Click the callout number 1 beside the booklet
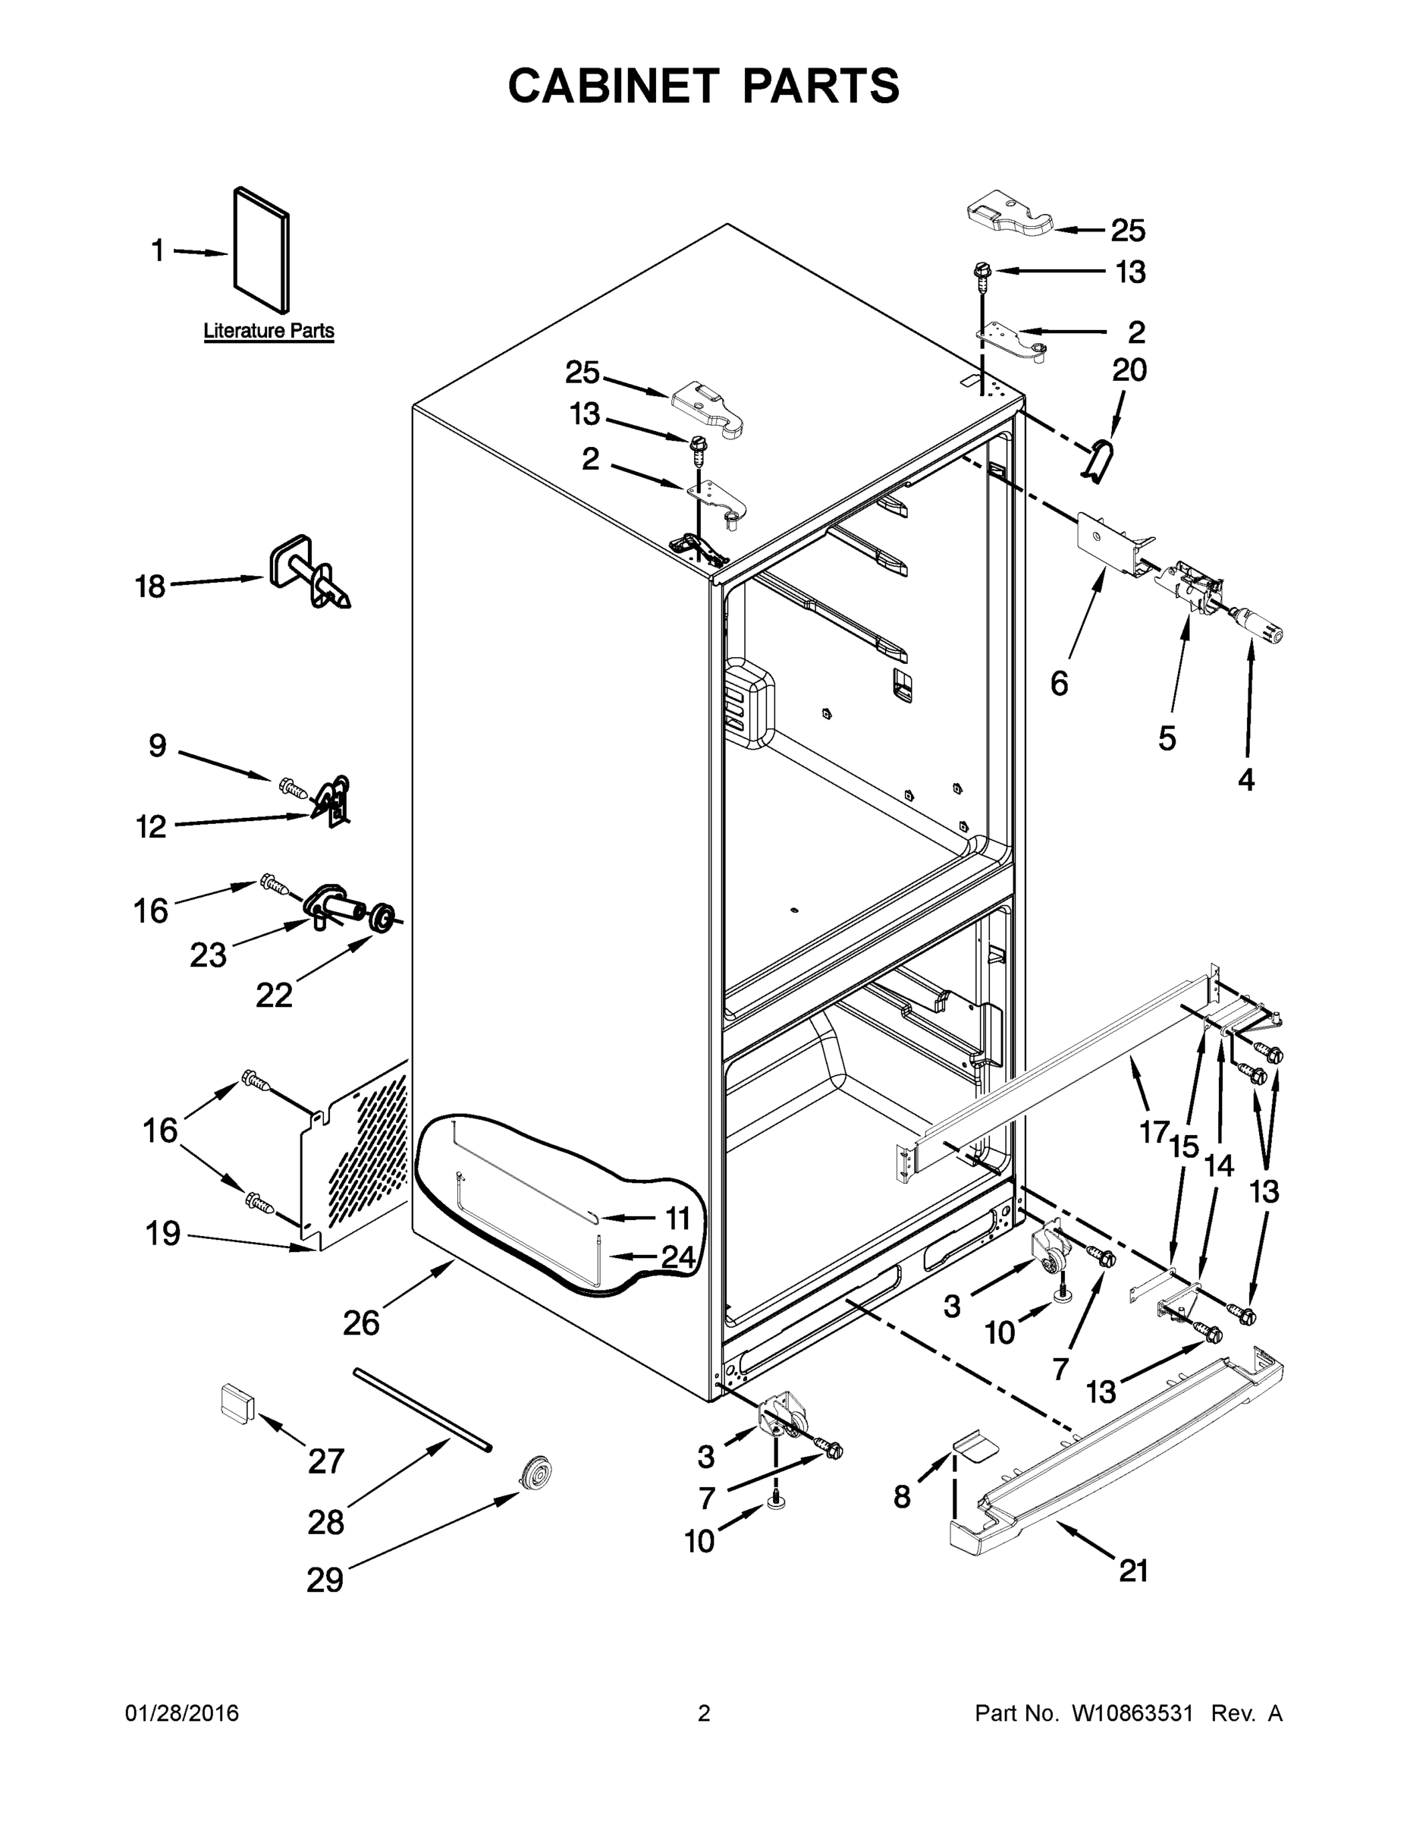pyautogui.click(x=158, y=250)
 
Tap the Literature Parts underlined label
pyautogui.click(x=269, y=331)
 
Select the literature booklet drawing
pyautogui.click(x=262, y=248)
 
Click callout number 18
pyautogui.click(x=150, y=587)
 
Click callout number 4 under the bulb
pyautogui.click(x=1245, y=779)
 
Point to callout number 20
pyautogui.click(x=1129, y=370)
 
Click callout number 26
pyautogui.click(x=361, y=1323)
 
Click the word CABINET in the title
pyautogui.click(x=614, y=86)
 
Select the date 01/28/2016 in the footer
pyautogui.click(x=182, y=1712)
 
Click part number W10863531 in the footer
pyautogui.click(x=1132, y=1712)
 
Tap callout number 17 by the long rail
pyautogui.click(x=1154, y=1132)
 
